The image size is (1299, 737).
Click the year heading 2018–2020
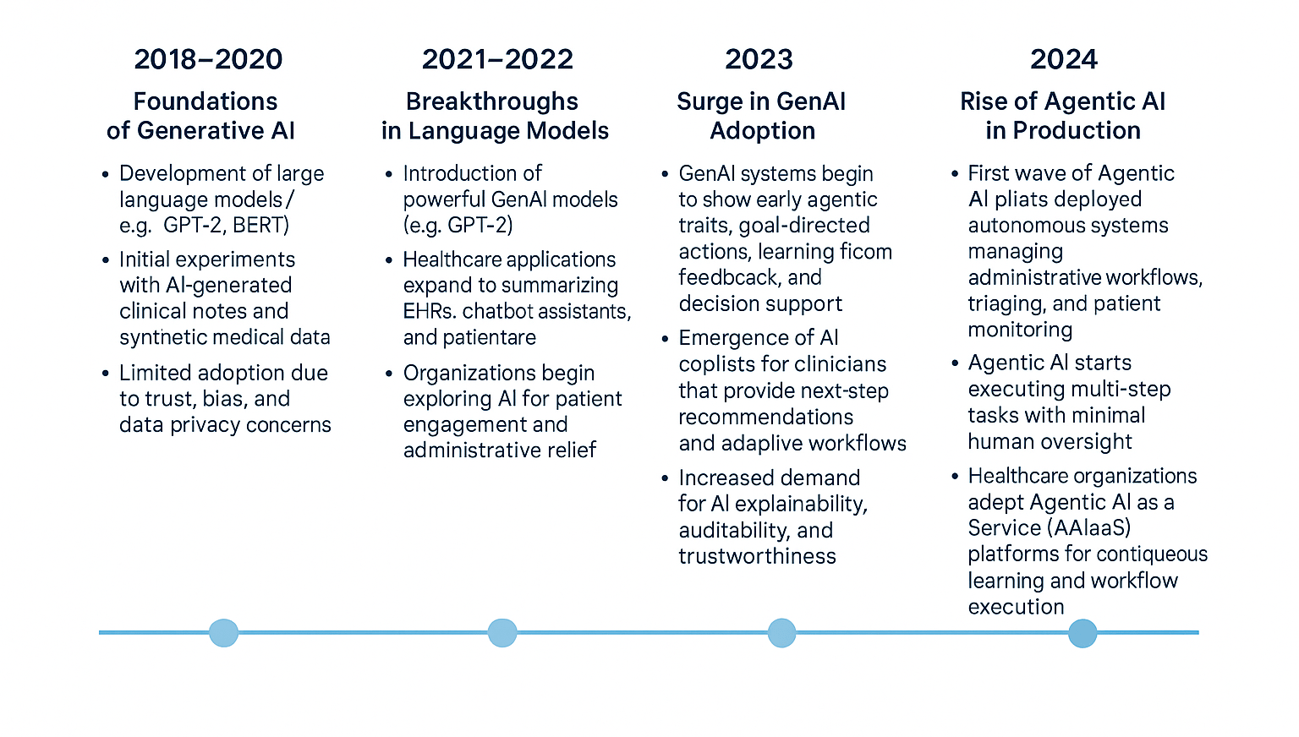(x=208, y=60)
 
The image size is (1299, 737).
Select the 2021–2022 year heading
(x=497, y=60)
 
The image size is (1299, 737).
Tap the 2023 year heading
(x=759, y=60)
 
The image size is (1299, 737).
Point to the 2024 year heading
(x=1064, y=60)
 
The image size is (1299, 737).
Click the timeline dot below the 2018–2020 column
(x=224, y=633)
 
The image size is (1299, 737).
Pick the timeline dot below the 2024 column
(x=1082, y=633)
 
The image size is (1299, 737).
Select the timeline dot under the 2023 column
(x=781, y=633)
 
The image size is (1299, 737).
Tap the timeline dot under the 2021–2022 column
(x=502, y=633)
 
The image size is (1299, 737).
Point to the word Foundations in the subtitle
(x=206, y=101)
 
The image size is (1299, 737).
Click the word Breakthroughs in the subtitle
(x=491, y=101)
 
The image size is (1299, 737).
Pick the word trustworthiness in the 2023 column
(x=758, y=556)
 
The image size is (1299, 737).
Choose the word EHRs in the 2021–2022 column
(x=430, y=311)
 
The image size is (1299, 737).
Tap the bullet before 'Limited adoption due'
(x=105, y=373)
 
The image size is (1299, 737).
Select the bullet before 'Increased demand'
(x=665, y=478)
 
